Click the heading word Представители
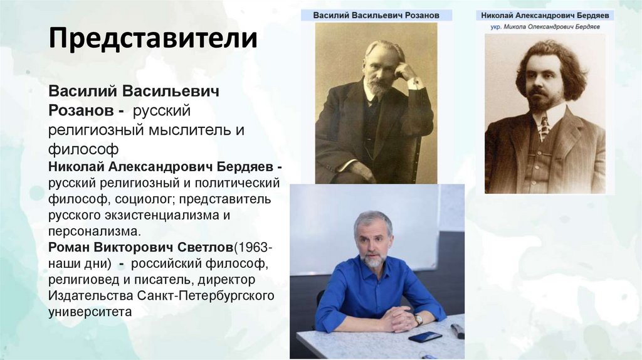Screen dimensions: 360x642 (x=153, y=38)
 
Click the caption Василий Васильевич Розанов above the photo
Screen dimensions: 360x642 (x=376, y=14)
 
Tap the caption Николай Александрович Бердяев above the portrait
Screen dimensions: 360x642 (x=545, y=15)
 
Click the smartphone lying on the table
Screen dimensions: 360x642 (x=424, y=337)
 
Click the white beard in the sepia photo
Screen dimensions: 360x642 (x=378, y=87)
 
